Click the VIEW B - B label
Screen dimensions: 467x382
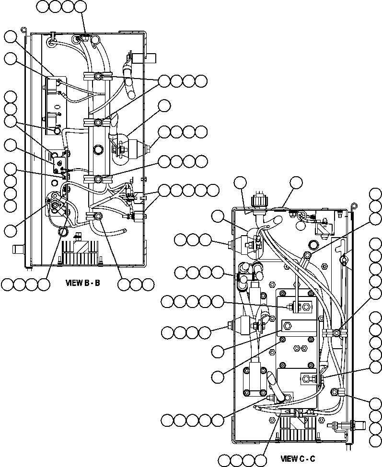[82, 283]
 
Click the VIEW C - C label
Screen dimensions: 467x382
[297, 458]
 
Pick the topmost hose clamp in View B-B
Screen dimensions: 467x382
[97, 77]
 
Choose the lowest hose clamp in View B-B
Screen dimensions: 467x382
[98, 217]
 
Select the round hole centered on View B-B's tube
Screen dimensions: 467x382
[98, 150]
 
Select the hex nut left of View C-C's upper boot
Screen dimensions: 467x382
[230, 245]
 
